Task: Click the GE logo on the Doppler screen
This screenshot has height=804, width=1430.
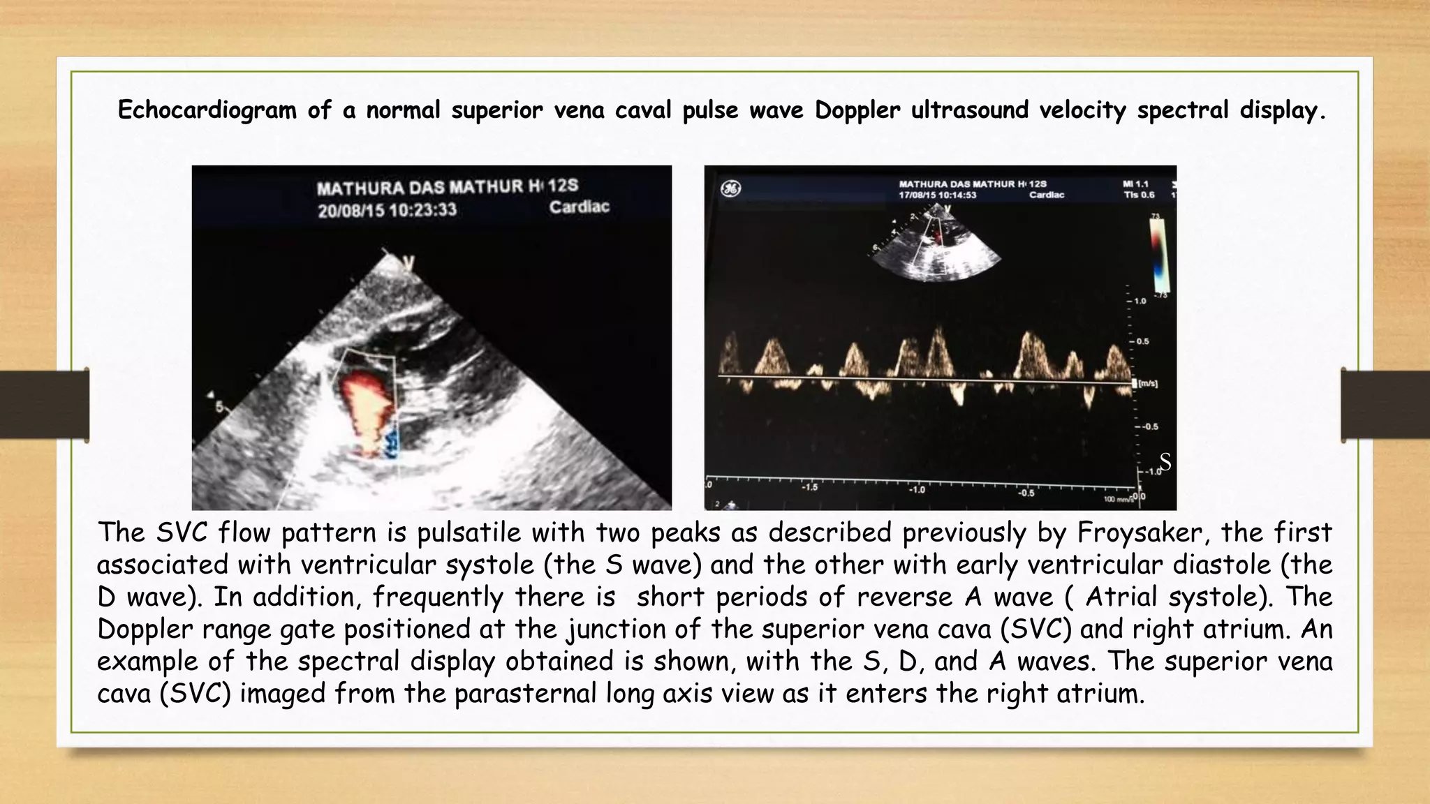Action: tap(730, 188)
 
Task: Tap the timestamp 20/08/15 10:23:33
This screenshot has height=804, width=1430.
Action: tap(387, 210)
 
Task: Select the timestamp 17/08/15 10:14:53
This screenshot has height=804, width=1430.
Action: tap(937, 195)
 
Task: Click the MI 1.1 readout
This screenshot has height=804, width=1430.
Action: tap(1135, 184)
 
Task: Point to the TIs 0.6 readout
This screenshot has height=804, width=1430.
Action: tap(1139, 195)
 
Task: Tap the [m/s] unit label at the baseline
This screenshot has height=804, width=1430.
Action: tap(1148, 384)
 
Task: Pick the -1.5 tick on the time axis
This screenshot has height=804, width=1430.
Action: tap(809, 487)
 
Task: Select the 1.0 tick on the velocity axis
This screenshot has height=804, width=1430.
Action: tap(1140, 301)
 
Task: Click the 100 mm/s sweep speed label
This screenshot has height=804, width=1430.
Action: tap(1117, 500)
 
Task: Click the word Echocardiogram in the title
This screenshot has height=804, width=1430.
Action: tap(207, 110)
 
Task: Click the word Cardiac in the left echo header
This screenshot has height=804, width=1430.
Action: tap(579, 207)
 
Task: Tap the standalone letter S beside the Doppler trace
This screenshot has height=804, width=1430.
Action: tap(1165, 462)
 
